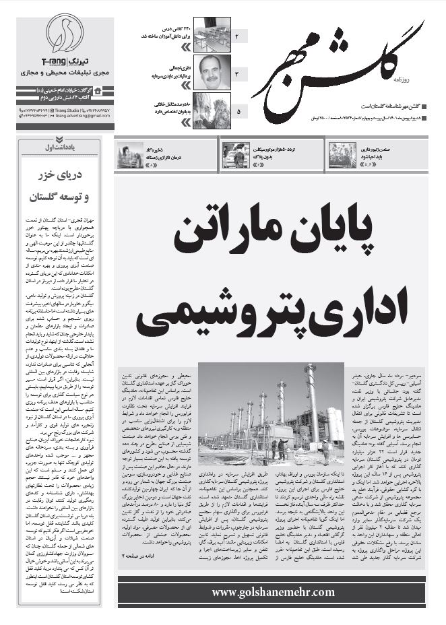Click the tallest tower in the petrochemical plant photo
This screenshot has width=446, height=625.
pyautogui.click(x=311, y=404)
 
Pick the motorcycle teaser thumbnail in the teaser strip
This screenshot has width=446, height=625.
pyautogui.click(x=236, y=155)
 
